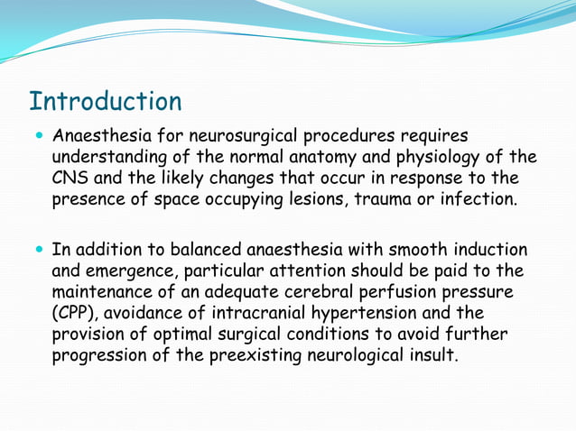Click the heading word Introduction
[105, 100]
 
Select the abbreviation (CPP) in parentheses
[75, 313]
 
